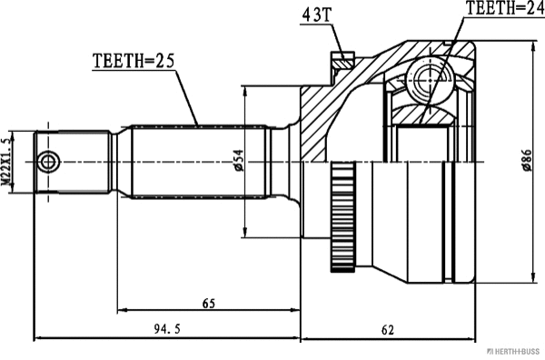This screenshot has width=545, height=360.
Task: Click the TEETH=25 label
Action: point(133,62)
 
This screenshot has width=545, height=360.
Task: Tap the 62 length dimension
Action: point(388,329)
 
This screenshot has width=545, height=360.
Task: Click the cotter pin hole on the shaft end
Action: point(50,162)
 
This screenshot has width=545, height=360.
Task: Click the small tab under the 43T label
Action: point(342,60)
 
